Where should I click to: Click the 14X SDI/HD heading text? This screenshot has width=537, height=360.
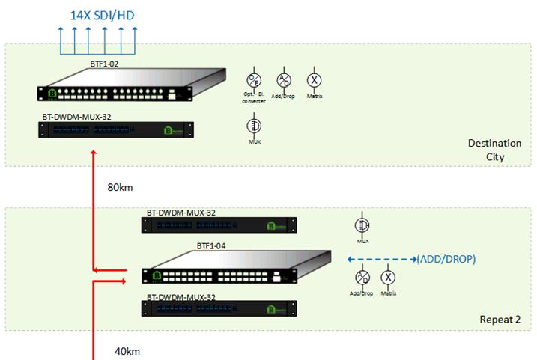coord(103,15)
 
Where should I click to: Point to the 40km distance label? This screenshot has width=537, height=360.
coord(127,350)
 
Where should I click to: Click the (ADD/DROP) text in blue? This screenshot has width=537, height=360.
coord(446,260)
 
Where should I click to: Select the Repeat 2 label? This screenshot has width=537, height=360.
coord(500,320)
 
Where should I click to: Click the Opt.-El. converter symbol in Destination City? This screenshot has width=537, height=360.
coord(254,80)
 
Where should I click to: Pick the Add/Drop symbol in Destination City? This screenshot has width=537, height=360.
coord(284,80)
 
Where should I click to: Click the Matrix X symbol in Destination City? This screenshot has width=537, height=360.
coord(314,80)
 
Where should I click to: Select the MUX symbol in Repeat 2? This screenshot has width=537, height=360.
coord(362,225)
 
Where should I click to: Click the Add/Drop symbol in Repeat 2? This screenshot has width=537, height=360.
coord(362,278)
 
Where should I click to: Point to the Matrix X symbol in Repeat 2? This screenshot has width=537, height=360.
coord(388,278)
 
